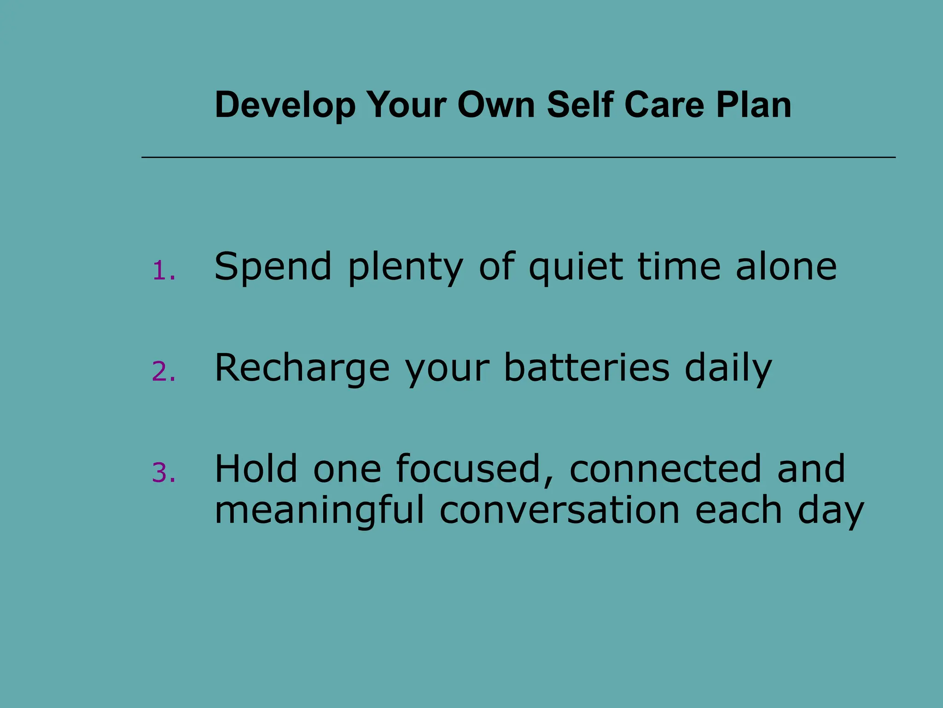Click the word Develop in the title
tap(285, 105)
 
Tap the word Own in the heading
tap(496, 105)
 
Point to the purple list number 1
tap(163, 271)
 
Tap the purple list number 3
tap(163, 473)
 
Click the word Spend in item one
tap(273, 267)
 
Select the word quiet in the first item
tap(576, 267)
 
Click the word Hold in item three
tap(256, 469)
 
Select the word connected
tap(665, 469)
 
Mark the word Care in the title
tap(664, 105)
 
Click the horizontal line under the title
tap(518, 158)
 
